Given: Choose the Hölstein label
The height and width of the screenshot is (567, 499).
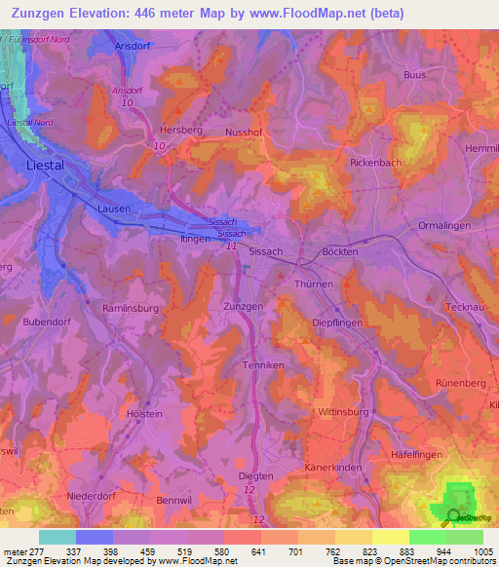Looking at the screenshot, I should (144, 413).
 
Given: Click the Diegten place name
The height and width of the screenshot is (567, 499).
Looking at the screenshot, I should (256, 476).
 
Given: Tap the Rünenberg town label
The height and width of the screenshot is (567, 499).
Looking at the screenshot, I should (461, 383).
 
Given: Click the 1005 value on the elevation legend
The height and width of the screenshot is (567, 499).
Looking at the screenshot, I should (483, 551).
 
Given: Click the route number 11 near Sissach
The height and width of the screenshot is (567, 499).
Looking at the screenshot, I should (231, 248).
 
